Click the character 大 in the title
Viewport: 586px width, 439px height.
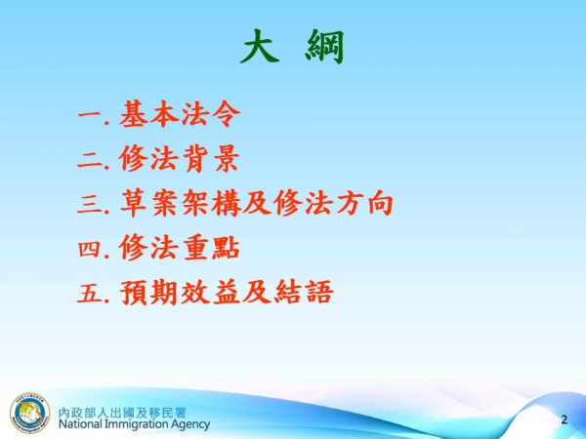coord(259,47)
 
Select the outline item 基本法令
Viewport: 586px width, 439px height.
coord(180,115)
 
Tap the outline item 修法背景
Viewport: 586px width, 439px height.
coord(180,159)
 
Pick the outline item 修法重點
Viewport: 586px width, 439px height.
coord(180,248)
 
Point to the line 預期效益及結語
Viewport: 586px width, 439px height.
coord(226,292)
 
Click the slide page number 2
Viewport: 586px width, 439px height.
coord(564,419)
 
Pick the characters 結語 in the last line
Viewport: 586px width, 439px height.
coord(310,292)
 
